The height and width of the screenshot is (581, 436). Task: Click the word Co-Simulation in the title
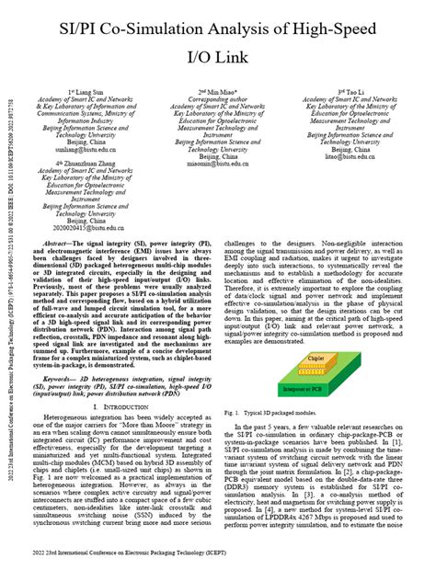(x=161, y=31)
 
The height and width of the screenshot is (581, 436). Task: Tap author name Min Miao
(x=222, y=94)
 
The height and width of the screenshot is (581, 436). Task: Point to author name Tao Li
(x=355, y=94)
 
